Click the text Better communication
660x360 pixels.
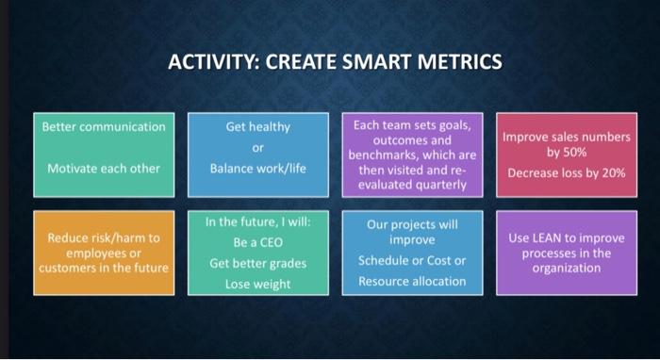104,126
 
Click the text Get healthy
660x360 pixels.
257,126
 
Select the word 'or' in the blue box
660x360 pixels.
257,148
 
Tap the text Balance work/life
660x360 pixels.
257,169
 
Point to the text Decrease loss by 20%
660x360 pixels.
566,173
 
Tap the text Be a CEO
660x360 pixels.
257,242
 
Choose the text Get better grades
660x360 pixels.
257,263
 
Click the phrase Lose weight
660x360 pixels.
257,284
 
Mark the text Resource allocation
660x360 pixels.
412,281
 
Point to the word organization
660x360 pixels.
566,268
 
